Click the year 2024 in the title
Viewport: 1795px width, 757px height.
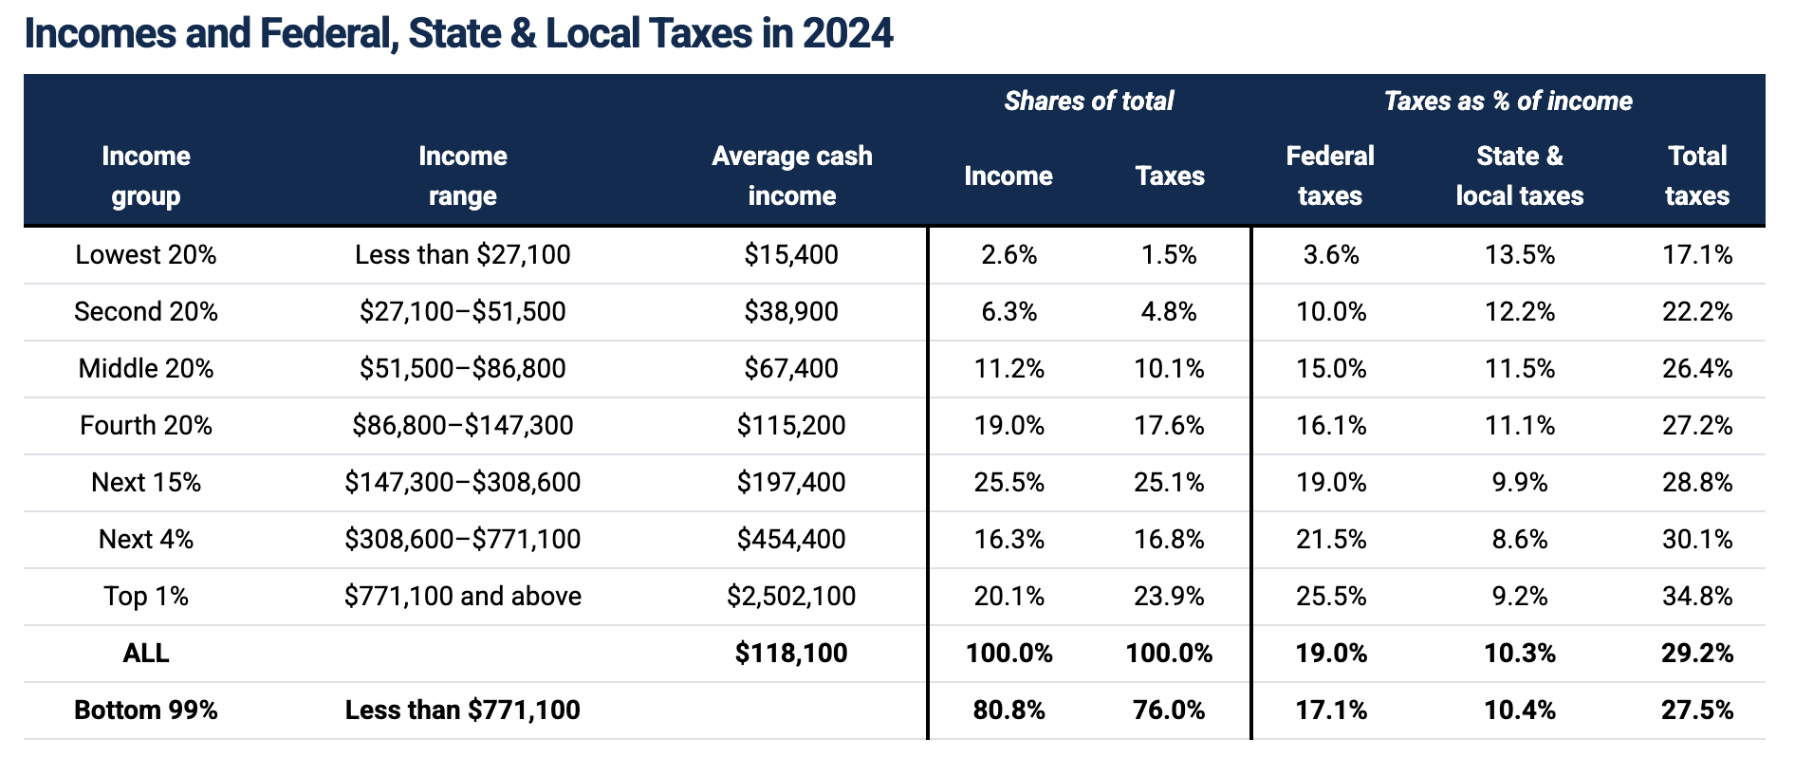847,33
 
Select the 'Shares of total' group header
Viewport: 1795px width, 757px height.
1088,101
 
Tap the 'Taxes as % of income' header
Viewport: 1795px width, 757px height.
1508,101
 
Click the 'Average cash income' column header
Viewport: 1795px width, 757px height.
791,175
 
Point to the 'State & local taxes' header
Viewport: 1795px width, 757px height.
1519,175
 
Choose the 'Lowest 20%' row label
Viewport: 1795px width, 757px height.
146,254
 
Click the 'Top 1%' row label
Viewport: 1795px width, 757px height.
146,596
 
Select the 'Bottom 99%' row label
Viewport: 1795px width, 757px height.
146,710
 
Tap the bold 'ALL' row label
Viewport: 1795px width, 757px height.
146,653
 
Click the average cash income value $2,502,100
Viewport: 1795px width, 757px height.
791,596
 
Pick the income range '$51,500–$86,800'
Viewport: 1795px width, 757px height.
462,368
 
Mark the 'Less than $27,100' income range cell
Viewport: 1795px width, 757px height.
462,254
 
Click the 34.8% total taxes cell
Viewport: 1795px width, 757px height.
1696,596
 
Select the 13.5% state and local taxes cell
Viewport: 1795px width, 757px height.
1519,254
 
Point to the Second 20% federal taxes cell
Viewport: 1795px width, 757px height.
1331,311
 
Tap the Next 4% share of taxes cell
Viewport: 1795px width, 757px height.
1169,539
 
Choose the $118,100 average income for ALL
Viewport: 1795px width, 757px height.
791,653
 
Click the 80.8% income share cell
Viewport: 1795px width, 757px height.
1009,710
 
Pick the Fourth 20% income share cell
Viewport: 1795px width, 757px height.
1009,425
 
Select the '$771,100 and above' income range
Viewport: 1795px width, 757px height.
462,596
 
